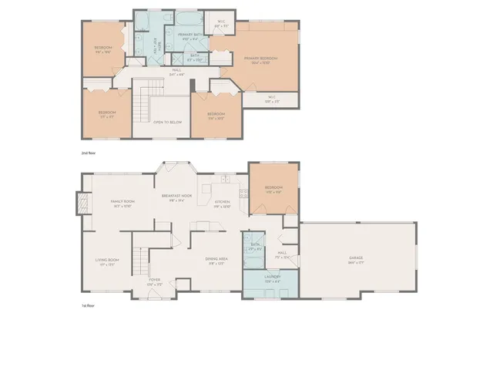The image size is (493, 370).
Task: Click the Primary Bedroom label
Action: pos(260,58)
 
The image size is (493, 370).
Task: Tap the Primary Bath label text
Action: pos(189,35)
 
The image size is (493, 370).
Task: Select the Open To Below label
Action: pos(166,122)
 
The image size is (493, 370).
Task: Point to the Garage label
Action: pos(355,257)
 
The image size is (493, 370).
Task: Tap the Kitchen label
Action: pos(222,203)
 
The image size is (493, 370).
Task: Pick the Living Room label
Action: pos(107,261)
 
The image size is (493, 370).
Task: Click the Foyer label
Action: pos(155,280)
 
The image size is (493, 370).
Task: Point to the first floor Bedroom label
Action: pos(273,188)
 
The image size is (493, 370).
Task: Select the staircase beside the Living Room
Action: pos(139,262)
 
